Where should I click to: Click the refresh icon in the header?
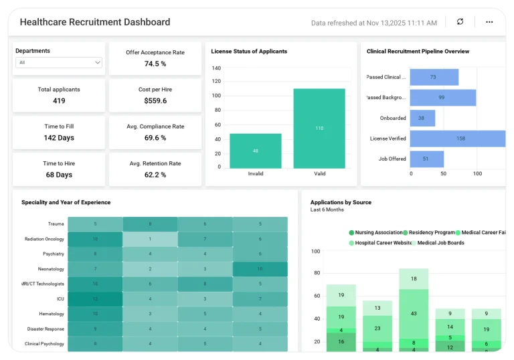[x=460, y=22]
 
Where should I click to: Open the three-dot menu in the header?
[x=489, y=22]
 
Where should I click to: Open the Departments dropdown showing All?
[x=60, y=62]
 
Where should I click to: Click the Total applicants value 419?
[x=59, y=101]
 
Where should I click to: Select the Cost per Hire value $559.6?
[x=155, y=101]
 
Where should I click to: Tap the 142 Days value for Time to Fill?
[x=59, y=138]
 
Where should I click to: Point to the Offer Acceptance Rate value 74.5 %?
[x=155, y=64]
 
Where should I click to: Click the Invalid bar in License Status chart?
[x=256, y=151]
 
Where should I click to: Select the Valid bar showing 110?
[x=319, y=128]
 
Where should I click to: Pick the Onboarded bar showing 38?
[x=422, y=118]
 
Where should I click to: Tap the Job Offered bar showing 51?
[x=426, y=159]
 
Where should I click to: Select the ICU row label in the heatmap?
[x=60, y=299]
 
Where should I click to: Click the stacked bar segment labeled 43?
[x=413, y=314]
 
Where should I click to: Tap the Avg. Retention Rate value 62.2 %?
[x=155, y=175]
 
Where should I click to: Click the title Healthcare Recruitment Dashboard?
[x=95, y=22]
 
